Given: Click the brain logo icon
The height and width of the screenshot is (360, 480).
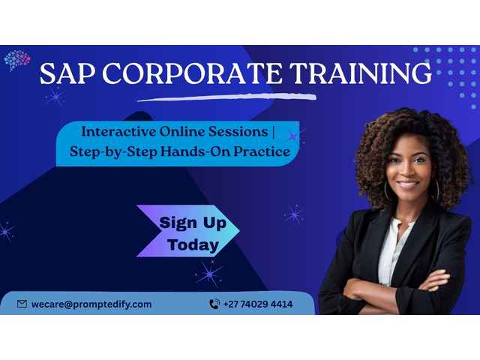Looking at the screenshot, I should coord(16,60).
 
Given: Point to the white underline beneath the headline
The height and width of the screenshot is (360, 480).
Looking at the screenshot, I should coord(225,95).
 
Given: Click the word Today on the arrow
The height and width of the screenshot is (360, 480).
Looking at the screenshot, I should coord(193,244).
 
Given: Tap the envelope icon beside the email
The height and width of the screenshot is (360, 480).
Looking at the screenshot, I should coord(22,304).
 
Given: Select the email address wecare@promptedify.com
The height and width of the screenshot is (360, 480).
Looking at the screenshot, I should coord(91,304).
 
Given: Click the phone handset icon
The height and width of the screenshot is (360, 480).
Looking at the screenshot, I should coord(214,304).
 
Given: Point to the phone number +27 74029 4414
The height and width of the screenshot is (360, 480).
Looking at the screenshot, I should coord(258,304).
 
